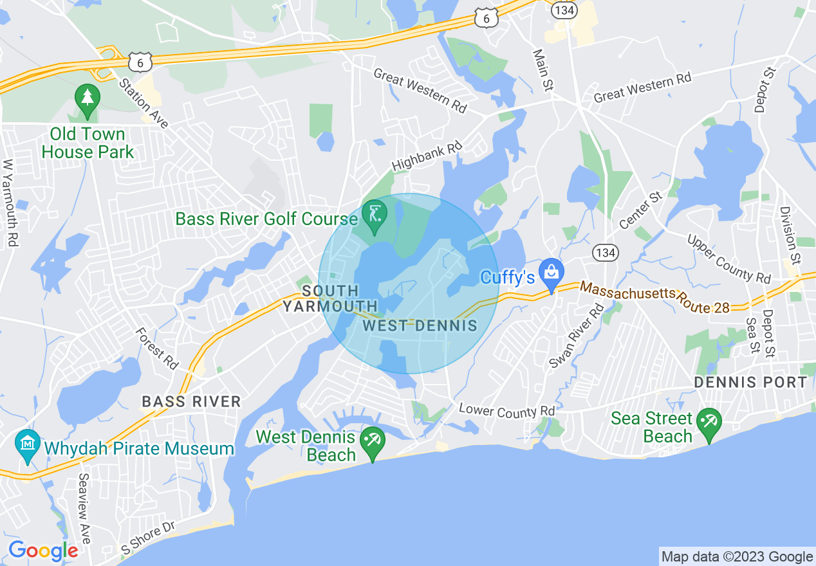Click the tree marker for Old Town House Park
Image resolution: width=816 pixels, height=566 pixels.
point(87,99)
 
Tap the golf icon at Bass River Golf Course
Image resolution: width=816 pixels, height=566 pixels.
point(373,213)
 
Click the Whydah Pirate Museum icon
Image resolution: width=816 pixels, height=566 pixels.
point(28,444)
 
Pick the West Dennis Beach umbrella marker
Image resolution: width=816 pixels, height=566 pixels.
point(373,441)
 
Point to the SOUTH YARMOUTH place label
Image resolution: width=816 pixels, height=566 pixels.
point(330,298)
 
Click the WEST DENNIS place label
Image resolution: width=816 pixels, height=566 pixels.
point(420,325)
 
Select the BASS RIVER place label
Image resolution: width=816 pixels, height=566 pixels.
point(191,402)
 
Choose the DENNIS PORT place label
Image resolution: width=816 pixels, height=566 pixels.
point(750,382)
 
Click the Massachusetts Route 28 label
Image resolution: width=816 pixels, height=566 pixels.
point(654,297)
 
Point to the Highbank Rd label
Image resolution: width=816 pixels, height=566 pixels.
point(427,156)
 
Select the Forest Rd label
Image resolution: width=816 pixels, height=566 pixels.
point(157,348)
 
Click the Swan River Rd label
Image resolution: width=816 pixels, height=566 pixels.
point(577,336)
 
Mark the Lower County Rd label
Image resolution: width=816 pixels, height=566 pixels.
point(506,411)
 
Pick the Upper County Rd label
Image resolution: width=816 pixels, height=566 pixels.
point(729,259)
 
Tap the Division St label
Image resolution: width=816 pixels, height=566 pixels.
point(790,235)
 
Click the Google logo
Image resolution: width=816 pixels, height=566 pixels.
point(43,551)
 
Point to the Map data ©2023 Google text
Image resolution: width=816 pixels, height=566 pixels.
point(737,557)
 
